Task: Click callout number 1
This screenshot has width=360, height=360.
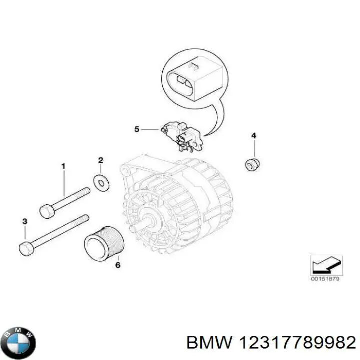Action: [x=63, y=165]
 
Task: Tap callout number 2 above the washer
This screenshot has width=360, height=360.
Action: [x=100, y=160]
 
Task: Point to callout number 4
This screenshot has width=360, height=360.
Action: [x=253, y=136]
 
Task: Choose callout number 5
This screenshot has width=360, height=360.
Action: [x=137, y=130]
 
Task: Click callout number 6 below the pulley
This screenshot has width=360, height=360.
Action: [x=118, y=265]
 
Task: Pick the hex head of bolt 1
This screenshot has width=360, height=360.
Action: [x=46, y=212]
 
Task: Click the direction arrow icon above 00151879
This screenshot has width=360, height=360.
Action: [x=326, y=263]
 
